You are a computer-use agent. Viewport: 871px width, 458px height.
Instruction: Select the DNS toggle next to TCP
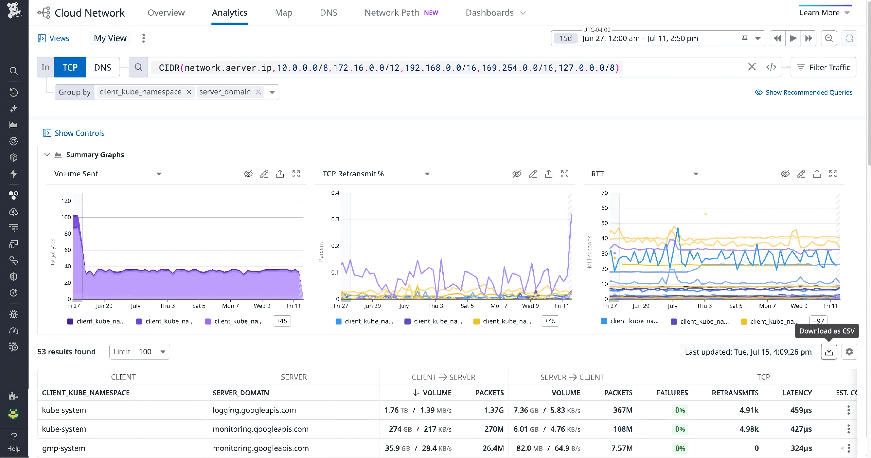coord(102,67)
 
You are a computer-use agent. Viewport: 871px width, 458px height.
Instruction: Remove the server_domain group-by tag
coord(258,92)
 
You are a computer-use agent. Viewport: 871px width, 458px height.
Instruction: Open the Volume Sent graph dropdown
coord(159,174)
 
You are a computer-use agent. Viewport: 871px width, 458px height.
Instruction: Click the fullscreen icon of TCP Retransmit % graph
coord(564,174)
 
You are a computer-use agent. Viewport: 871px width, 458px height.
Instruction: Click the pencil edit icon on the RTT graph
coord(801,174)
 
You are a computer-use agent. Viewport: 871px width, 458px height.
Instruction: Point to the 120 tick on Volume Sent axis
coord(66,201)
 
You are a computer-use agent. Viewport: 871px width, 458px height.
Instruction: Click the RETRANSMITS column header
coord(735,393)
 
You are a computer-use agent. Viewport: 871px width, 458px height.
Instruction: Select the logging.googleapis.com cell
coord(254,410)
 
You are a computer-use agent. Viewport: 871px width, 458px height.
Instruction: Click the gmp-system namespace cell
coord(64,448)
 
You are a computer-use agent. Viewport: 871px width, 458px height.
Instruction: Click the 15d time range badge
coord(565,38)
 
